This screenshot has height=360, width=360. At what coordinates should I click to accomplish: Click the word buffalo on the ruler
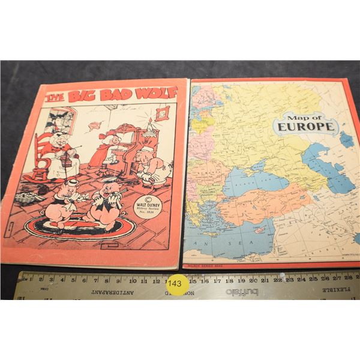click(x=242, y=292)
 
